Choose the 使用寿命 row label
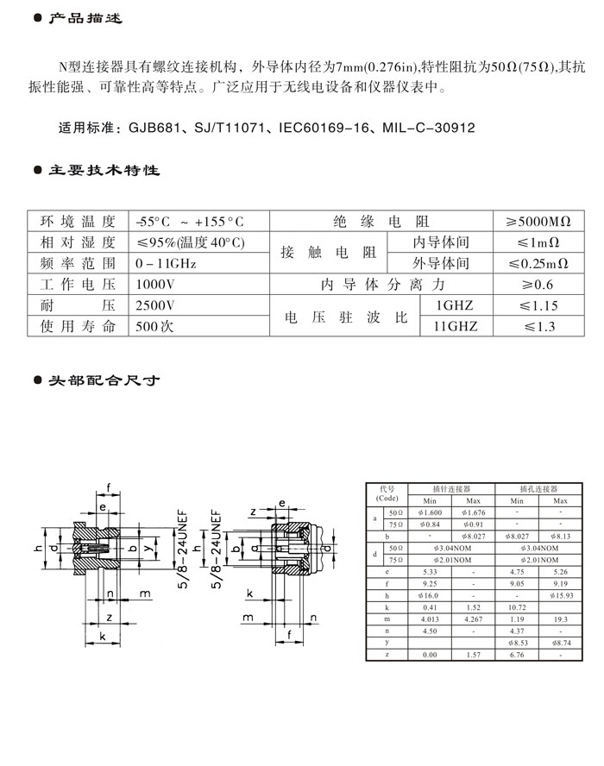pos(78,326)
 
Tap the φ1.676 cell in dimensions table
pos(472,512)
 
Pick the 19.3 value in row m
pos(559,619)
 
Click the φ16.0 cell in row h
pos(430,595)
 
